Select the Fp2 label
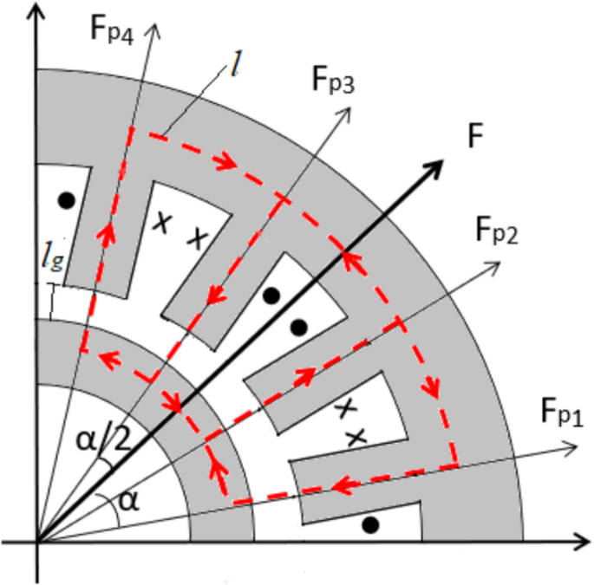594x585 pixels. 496,231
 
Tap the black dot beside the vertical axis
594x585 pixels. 65,201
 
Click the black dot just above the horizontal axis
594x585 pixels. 370,525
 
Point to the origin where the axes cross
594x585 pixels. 36,543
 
